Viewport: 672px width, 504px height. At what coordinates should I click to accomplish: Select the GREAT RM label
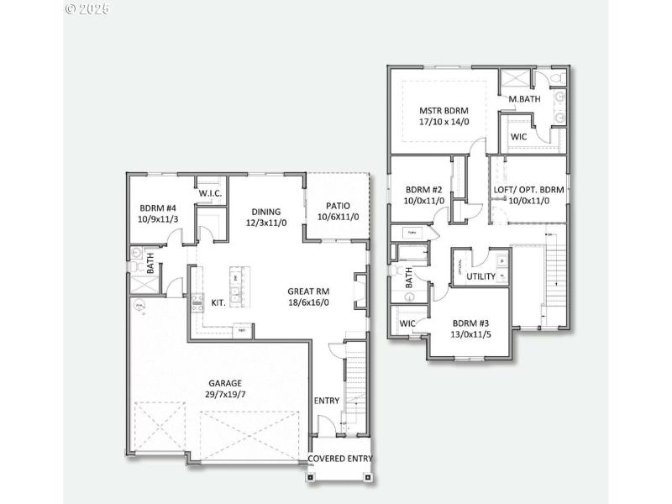[308, 291]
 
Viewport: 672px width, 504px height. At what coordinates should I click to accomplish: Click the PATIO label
[338, 206]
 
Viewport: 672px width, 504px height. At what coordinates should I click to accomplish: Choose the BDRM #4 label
[157, 207]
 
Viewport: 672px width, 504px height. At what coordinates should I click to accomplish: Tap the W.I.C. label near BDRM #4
[209, 194]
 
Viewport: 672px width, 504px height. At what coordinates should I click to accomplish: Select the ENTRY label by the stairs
[327, 401]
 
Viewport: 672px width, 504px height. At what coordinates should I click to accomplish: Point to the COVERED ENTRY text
[341, 459]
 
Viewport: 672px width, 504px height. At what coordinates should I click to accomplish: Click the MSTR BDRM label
[444, 110]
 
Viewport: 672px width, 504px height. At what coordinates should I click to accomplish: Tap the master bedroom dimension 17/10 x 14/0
[444, 122]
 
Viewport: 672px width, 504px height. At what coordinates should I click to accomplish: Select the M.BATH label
[525, 99]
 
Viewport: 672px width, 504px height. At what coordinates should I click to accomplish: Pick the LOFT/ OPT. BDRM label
[528, 190]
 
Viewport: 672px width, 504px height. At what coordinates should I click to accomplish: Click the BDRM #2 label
[423, 190]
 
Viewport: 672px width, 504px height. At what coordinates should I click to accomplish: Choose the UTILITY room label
[481, 276]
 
